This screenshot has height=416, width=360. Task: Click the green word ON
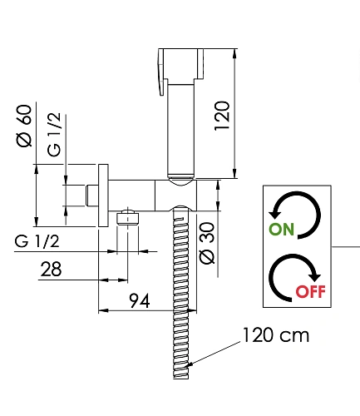[x=281, y=230]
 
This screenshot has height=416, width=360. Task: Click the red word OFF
[x=310, y=291]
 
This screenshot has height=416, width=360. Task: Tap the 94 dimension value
[x=140, y=300]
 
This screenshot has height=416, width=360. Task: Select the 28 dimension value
[x=51, y=269]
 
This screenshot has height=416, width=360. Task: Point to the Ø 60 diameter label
[x=24, y=126]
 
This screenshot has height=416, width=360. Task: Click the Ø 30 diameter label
[x=207, y=243]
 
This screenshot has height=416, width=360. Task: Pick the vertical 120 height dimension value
[x=222, y=116]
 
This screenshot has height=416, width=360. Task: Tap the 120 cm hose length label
[x=276, y=335]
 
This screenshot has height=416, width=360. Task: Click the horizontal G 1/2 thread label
[x=37, y=241]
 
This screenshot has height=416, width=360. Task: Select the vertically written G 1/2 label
[x=54, y=135]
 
